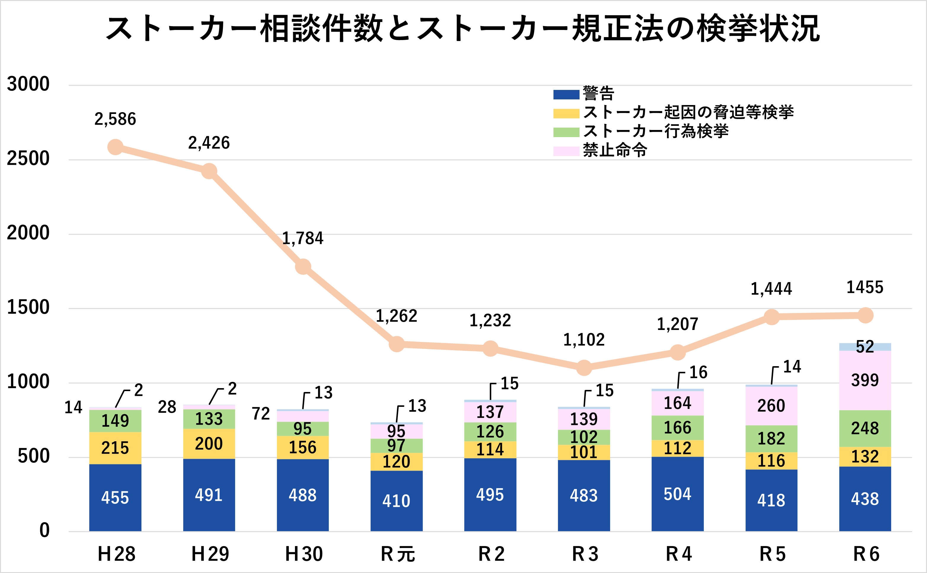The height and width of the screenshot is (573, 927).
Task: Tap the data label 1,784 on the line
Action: (x=302, y=238)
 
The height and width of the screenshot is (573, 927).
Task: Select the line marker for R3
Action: (x=584, y=367)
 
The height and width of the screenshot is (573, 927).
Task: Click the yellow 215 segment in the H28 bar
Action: (x=115, y=448)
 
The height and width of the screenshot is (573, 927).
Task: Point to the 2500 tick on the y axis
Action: (x=28, y=158)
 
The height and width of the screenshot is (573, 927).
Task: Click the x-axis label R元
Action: (x=398, y=554)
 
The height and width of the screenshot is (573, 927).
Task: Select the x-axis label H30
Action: (x=304, y=554)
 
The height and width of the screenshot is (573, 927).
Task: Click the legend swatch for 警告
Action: (x=566, y=94)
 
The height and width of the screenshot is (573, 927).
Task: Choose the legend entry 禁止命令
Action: (x=615, y=150)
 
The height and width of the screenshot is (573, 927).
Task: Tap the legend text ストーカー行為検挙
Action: (x=656, y=131)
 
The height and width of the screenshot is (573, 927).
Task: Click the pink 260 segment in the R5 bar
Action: (x=771, y=406)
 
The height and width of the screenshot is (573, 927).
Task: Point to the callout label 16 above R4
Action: (x=698, y=372)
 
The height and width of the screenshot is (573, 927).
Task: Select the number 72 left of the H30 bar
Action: (x=261, y=414)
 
